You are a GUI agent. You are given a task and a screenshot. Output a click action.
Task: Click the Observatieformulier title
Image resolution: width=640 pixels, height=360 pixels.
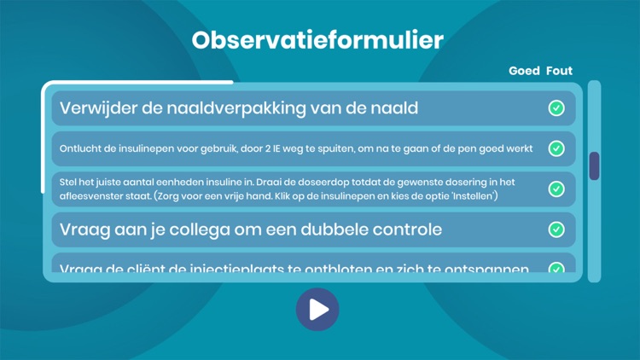tap(317, 40)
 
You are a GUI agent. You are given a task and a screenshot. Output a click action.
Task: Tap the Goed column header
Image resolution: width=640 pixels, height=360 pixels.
tap(524, 71)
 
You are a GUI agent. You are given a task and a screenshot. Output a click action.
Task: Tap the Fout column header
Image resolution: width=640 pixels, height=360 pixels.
tap(559, 71)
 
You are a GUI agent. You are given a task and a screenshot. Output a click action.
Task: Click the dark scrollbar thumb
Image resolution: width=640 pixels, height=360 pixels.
tap(594, 165)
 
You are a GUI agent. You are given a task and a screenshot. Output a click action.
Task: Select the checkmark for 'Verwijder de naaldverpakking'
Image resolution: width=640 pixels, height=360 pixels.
tap(556, 108)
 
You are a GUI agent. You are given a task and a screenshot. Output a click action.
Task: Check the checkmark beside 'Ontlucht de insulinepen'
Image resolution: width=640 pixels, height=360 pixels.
tap(556, 148)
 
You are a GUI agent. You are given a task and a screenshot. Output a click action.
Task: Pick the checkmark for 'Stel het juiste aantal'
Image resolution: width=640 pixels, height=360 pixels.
tap(556, 189)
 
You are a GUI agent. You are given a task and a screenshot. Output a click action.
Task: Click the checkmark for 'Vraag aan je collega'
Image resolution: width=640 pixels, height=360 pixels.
tap(556, 229)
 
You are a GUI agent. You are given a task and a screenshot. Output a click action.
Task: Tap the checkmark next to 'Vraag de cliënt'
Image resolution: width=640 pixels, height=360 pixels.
tap(556, 269)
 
